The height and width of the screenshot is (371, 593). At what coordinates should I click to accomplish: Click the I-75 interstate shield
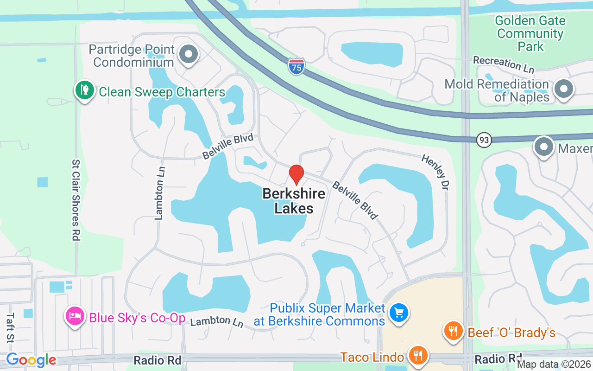tap(296, 67)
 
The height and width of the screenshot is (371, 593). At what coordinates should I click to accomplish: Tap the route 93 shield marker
tap(484, 140)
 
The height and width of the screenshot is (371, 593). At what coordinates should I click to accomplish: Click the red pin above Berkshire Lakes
tap(296, 174)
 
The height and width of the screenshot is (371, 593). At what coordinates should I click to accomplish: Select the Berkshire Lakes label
tap(294, 201)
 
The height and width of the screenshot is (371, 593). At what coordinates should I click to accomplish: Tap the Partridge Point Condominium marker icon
tap(188, 54)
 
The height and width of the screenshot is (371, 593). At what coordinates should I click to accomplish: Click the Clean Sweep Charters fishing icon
tap(84, 90)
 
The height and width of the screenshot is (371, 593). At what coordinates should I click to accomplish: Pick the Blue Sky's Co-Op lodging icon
tap(75, 317)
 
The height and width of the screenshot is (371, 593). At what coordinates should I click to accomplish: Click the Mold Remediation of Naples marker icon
tap(564, 89)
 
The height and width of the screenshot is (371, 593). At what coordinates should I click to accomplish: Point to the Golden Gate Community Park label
tap(530, 34)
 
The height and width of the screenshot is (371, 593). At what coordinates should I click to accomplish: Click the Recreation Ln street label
tap(504, 65)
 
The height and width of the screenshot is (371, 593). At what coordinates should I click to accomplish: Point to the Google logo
tap(31, 360)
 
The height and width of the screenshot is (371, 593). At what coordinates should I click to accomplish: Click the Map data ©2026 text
tap(554, 365)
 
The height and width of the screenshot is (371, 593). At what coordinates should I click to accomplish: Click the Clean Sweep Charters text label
tap(162, 92)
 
